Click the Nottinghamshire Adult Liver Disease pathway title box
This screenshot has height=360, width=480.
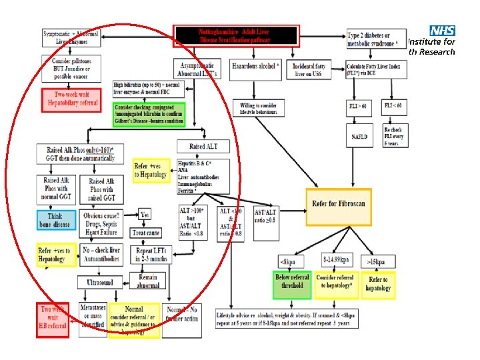[x=237, y=37]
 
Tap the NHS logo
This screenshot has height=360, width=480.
[x=442, y=31]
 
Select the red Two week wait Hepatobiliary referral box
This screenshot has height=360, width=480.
[x=71, y=99]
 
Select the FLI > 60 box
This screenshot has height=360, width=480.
[x=358, y=106]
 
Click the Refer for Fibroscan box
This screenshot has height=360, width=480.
[x=338, y=203]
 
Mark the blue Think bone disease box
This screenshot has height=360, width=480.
[x=57, y=219]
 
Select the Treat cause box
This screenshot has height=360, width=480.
[x=147, y=233]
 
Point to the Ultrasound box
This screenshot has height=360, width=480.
[x=99, y=283]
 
